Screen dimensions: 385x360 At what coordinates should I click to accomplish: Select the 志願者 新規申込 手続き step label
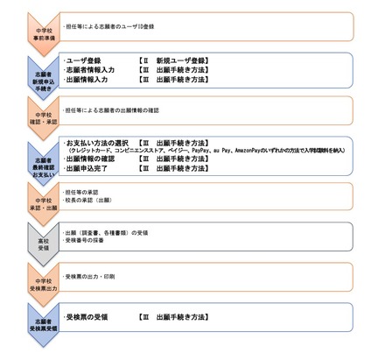click(27, 73)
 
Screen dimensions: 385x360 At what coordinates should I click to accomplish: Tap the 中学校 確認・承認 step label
click(27, 116)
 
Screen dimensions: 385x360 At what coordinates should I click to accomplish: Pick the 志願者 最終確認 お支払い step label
click(27, 157)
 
